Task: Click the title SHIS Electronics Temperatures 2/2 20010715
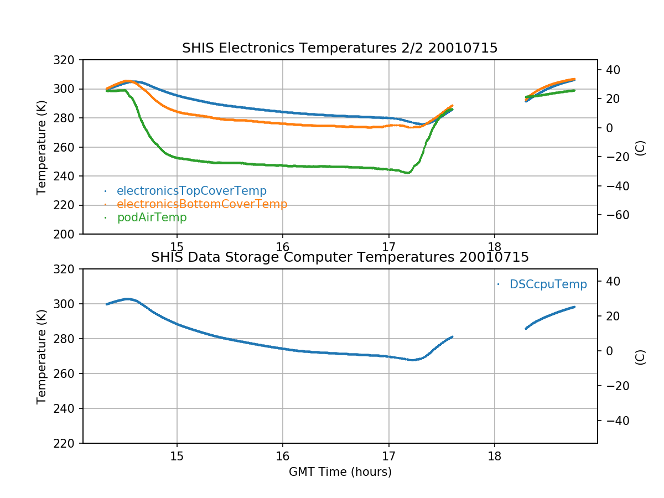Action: [340, 49]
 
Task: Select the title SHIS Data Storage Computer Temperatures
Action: [340, 257]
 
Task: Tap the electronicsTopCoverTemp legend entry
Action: [191, 191]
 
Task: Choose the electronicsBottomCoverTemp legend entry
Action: [202, 204]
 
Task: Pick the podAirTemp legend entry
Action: [152, 217]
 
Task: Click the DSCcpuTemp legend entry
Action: [548, 284]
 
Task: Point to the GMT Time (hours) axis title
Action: [340, 472]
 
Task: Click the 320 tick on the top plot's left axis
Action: [68, 60]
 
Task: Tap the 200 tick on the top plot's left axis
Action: [68, 234]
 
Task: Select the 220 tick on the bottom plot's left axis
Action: [68, 443]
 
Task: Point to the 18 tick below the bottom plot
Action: [495, 456]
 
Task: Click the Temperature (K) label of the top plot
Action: [41, 147]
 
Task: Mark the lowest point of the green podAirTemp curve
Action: [408, 173]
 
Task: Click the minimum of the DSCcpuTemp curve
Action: [412, 360]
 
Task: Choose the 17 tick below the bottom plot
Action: [388, 456]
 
